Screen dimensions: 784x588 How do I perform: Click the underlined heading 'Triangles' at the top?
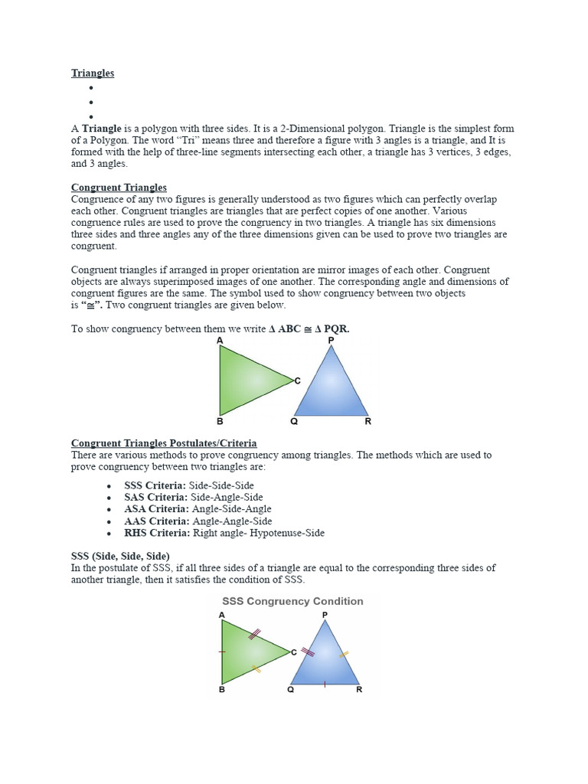[93, 73]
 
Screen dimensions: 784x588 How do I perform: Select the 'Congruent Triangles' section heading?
[119, 188]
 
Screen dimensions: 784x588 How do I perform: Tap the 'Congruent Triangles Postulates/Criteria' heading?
[164, 443]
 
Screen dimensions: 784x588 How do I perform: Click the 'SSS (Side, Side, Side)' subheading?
[120, 555]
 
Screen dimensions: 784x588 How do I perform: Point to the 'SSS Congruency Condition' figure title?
[292, 601]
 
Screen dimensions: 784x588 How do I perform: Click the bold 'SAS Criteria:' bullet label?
[155, 497]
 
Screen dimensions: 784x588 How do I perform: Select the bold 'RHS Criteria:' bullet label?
[157, 533]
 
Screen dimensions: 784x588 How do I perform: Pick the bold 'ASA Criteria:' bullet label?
[155, 508]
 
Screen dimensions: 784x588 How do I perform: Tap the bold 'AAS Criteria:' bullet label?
[155, 521]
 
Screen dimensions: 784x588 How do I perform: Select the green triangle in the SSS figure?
[247, 652]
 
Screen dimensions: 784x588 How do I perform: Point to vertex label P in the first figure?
[331, 340]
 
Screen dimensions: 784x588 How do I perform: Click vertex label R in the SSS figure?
[359, 690]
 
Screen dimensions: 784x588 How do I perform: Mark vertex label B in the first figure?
[220, 421]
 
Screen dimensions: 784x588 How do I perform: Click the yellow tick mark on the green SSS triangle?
[256, 668]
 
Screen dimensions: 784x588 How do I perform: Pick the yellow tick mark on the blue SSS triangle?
[344, 655]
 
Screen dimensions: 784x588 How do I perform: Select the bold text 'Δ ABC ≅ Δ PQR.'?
[309, 328]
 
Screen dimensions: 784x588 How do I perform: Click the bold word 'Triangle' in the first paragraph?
[102, 129]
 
